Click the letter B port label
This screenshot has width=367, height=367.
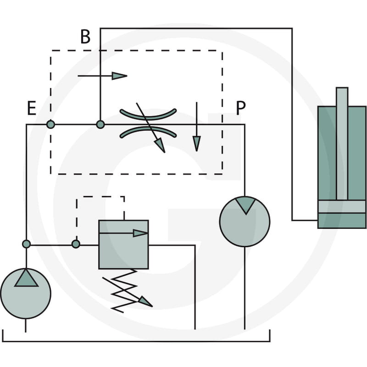click(85, 37)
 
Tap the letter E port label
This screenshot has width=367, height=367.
click(32, 108)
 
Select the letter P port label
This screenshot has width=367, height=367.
click(240, 108)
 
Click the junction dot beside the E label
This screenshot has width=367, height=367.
click(50, 124)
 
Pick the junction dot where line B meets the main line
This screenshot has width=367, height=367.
click(100, 124)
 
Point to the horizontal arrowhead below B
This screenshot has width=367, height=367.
click(119, 76)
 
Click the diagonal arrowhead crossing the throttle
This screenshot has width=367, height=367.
click(160, 145)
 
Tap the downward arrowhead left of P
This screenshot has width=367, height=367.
click(197, 144)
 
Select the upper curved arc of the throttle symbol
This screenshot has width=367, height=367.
click(148, 117)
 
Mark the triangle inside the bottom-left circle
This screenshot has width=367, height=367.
click(26, 278)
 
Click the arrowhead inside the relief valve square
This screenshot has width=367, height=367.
click(140, 233)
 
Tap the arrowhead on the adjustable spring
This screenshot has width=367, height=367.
click(146, 302)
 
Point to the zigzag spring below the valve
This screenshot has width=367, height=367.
click(124, 291)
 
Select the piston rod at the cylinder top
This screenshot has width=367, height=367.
click(342, 144)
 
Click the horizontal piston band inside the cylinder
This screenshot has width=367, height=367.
click(342, 206)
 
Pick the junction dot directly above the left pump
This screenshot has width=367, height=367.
click(26, 244)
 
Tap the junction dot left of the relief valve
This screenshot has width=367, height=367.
click(76, 244)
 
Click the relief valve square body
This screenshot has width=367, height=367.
click(123, 245)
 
